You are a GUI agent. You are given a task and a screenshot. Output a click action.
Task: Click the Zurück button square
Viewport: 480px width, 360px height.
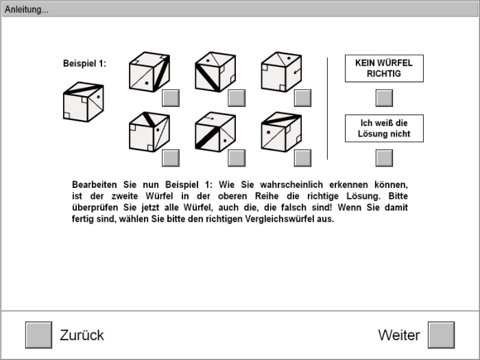[x=38, y=335]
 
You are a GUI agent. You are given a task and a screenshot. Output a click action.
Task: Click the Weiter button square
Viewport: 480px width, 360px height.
[x=441, y=335]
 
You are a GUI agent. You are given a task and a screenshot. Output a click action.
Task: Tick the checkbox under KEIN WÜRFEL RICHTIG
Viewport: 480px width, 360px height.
[x=385, y=98]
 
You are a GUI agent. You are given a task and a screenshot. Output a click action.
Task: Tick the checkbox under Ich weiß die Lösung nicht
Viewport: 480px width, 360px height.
[x=385, y=158]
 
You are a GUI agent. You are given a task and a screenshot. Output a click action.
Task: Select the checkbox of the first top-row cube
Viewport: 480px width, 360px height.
[x=171, y=98]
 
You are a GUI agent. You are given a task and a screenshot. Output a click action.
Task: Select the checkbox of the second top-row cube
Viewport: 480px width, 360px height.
[x=237, y=98]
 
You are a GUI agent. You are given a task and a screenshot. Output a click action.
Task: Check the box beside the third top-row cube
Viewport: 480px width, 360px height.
[x=302, y=98]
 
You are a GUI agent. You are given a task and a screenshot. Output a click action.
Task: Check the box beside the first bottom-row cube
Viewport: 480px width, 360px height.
[x=171, y=158]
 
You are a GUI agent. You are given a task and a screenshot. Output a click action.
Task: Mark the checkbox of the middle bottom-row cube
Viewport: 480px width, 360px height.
[x=237, y=158]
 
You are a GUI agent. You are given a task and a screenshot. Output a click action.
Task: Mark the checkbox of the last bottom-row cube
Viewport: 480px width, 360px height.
[x=302, y=158]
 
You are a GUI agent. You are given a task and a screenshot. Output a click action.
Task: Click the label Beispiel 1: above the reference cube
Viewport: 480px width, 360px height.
[x=84, y=64]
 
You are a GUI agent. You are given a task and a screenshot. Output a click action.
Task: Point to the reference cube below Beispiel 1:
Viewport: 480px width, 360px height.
[x=83, y=102]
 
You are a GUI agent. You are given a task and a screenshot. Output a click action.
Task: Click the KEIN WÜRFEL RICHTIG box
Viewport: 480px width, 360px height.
[x=384, y=68]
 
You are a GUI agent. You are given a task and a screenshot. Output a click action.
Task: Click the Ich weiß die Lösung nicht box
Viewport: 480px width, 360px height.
[x=384, y=128]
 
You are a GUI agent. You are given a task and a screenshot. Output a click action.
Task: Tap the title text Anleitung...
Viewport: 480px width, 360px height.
[x=26, y=9]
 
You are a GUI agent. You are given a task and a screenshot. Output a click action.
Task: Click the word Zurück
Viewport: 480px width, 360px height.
[x=82, y=335]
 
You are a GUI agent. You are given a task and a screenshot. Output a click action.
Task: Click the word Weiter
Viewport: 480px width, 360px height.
[x=398, y=335]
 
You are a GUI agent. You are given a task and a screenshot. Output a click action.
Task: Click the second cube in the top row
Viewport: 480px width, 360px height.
[x=215, y=72]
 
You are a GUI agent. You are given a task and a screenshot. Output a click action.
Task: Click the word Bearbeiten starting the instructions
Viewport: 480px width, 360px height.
[x=94, y=185]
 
